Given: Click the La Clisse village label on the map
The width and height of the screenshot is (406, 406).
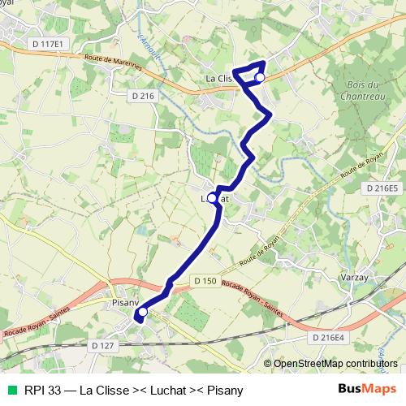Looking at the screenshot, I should pyautogui.click(x=218, y=79).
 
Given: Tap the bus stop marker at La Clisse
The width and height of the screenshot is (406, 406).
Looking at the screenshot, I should pyautogui.click(x=260, y=77).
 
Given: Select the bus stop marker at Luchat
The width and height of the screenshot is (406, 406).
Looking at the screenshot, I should pyautogui.click(x=213, y=197).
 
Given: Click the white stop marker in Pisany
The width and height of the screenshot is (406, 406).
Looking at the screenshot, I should pyautogui.click(x=143, y=312).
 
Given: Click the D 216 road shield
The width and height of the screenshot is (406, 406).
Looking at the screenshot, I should pyautogui.click(x=142, y=96).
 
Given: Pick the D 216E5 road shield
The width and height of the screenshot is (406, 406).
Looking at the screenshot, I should pyautogui.click(x=382, y=188).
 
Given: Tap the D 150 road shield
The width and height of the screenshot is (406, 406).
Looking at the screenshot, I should pyautogui.click(x=205, y=281).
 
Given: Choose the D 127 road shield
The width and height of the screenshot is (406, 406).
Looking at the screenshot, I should pyautogui.click(x=103, y=345).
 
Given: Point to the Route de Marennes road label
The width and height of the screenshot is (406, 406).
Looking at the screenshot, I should pyautogui.click(x=110, y=62).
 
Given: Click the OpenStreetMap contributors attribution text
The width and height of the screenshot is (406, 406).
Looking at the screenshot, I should pyautogui.click(x=336, y=363).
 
